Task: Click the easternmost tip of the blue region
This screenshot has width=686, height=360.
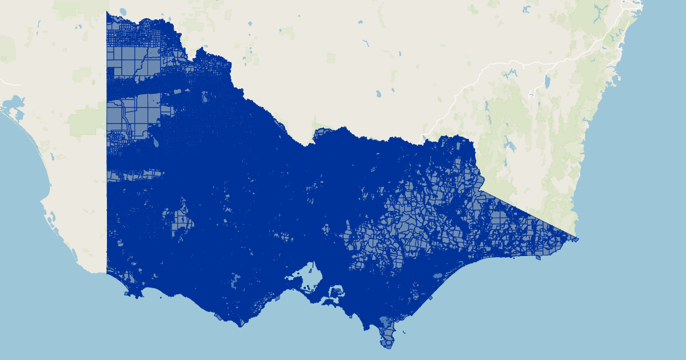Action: tap(578, 239)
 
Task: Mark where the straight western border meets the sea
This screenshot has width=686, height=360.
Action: tap(107, 273)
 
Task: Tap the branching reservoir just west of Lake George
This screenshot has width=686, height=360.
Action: tap(510, 74)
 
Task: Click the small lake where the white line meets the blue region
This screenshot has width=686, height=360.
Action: tap(423, 138)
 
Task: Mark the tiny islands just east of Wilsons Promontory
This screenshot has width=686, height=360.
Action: tap(405, 332)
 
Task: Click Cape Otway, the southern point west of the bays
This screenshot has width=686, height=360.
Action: tap(240, 325)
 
